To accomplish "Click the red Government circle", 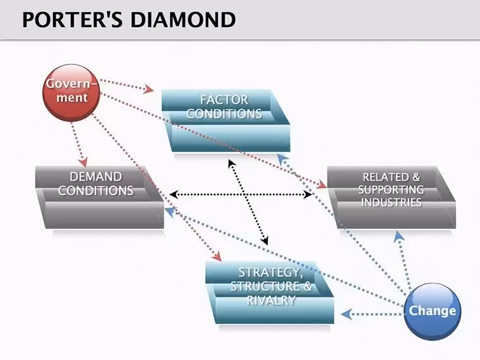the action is point(71,92).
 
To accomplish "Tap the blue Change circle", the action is point(432,311).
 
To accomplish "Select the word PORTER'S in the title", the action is point(73,20).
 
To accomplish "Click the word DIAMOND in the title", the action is point(183,20).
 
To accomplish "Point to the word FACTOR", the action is point(224,100).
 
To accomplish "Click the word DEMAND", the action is point(95,177).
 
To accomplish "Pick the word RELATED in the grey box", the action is point(386,177).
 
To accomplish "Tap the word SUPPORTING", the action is point(391,189).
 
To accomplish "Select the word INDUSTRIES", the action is point(391,202).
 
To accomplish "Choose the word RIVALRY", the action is point(271,300).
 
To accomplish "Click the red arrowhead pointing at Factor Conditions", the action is point(149,89).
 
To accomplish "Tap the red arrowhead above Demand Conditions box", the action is point(83,162).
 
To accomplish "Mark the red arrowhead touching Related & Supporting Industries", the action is point(321,184).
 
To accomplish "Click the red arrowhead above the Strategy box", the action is point(217,256).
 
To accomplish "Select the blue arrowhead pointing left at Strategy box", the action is point(345,314).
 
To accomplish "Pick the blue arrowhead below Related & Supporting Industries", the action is point(399,236).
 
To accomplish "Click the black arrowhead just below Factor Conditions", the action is point(232,163).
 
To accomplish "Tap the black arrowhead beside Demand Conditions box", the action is point(174,194).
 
